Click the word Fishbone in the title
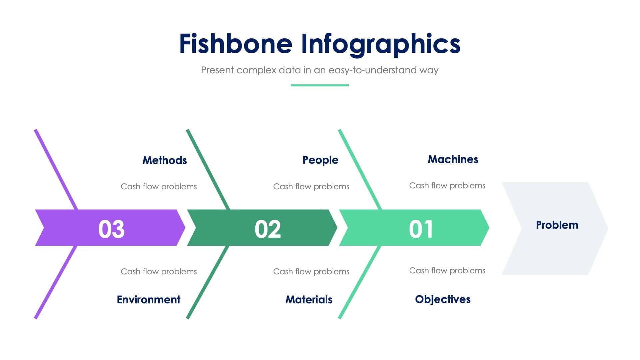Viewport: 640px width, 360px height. (x=236, y=44)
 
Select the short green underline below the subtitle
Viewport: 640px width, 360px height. (x=320, y=85)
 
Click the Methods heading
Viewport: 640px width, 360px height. (x=164, y=160)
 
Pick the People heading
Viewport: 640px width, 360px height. (x=320, y=160)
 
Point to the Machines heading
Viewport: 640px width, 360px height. (x=453, y=159)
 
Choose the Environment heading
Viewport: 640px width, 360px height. (x=148, y=299)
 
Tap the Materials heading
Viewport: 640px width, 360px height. (x=309, y=299)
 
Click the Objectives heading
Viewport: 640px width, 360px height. (x=443, y=299)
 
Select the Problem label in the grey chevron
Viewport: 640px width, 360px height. (x=557, y=225)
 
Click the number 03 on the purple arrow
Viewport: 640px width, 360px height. (x=111, y=229)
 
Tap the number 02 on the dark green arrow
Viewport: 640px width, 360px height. (x=268, y=229)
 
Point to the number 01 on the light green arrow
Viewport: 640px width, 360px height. (x=421, y=229)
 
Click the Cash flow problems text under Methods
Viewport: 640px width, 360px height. (x=159, y=186)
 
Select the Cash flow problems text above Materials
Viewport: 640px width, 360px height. (x=311, y=271)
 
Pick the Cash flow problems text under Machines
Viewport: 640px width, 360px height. (x=447, y=185)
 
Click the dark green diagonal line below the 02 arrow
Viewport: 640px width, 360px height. (x=208, y=282)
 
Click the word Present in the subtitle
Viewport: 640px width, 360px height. (x=217, y=70)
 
